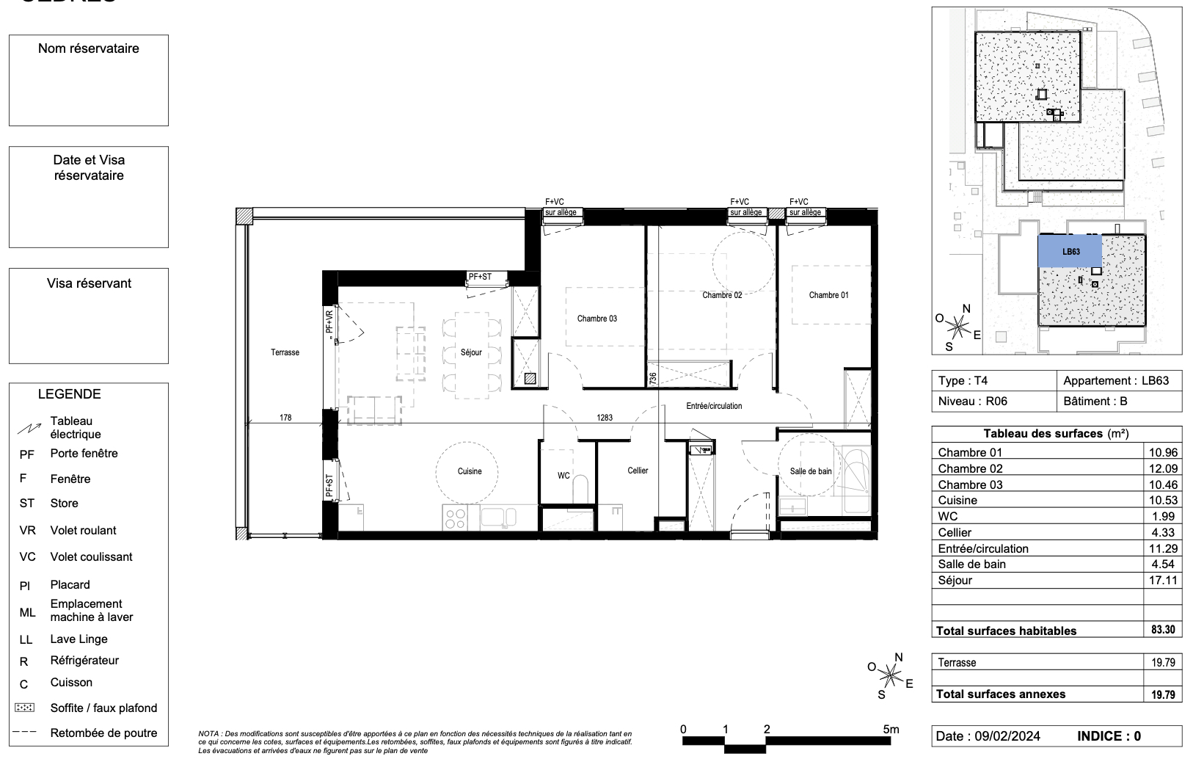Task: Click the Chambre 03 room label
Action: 596,319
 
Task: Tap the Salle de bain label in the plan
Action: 811,471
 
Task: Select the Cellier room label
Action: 638,471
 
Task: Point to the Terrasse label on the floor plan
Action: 285,352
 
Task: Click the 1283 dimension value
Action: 604,418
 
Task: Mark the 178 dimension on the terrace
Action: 285,418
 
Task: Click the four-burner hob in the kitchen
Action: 454,518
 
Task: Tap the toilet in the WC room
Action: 580,490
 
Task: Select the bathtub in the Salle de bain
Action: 855,481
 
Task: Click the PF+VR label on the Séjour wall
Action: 329,323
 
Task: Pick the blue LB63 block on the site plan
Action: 1070,251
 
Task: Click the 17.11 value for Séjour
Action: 1163,581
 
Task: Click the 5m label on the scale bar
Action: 891,729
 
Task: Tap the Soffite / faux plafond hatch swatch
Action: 25,708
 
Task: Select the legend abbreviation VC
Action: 27,557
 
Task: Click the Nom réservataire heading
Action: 89,48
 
